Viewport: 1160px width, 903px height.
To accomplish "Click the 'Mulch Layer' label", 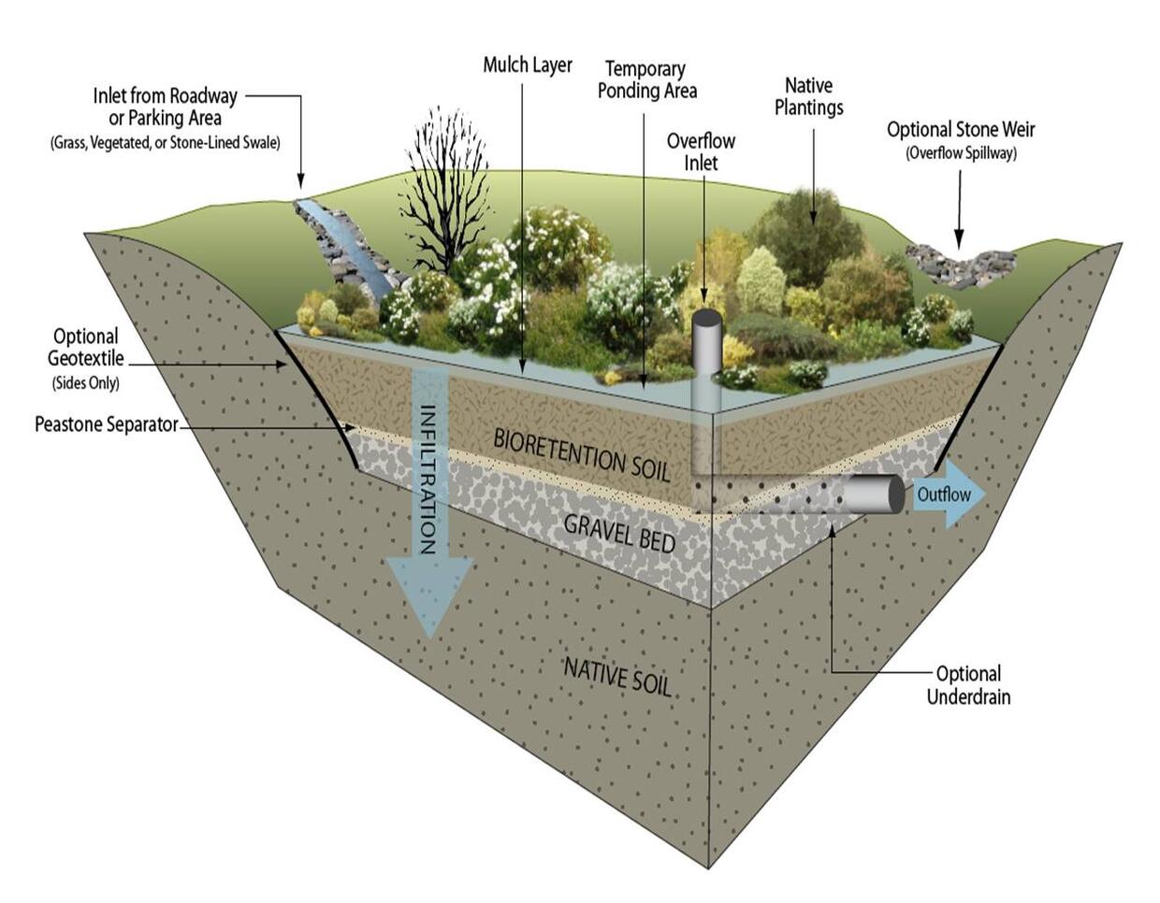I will click(527, 65).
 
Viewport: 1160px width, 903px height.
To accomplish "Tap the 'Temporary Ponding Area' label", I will click(646, 79).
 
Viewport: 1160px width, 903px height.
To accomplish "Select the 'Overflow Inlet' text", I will click(701, 151).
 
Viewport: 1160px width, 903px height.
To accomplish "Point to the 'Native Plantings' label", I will click(808, 96).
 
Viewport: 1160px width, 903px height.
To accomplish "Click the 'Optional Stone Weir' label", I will click(961, 130).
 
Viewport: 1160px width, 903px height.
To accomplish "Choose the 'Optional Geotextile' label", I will click(86, 347).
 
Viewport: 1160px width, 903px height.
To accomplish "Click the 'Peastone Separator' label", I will click(106, 424).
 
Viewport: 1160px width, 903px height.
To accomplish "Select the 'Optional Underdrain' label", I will click(968, 685).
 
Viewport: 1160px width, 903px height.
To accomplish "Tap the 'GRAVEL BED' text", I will click(619, 532).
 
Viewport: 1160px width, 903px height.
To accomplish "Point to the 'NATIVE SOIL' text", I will click(617, 675).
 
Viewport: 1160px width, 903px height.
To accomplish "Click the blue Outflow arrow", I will click(947, 494).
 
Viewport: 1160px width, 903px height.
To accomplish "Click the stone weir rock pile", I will click(959, 263).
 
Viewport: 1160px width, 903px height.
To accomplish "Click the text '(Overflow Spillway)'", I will click(961, 153).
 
